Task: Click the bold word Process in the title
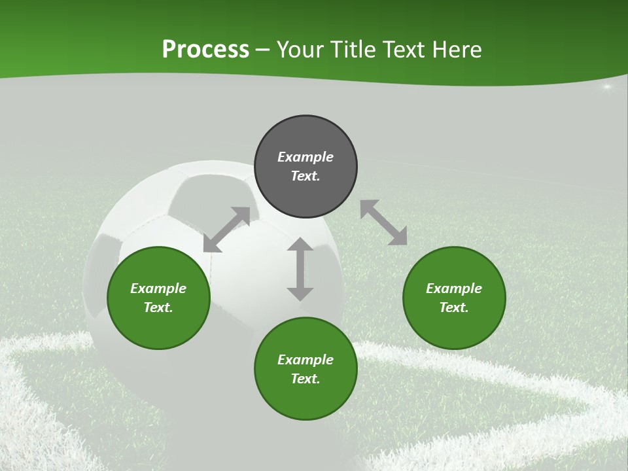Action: tap(205, 50)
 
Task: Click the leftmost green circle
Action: tap(158, 298)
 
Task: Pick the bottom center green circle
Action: tap(305, 369)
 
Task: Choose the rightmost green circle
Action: tap(454, 298)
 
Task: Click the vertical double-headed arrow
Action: tap(300, 269)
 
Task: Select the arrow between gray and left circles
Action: tap(227, 230)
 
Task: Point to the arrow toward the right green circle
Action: tap(384, 223)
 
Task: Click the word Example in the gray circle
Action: tap(305, 157)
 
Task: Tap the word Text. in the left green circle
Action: tap(158, 307)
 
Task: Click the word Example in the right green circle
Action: tap(454, 288)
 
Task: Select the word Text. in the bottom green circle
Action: tap(305, 379)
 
